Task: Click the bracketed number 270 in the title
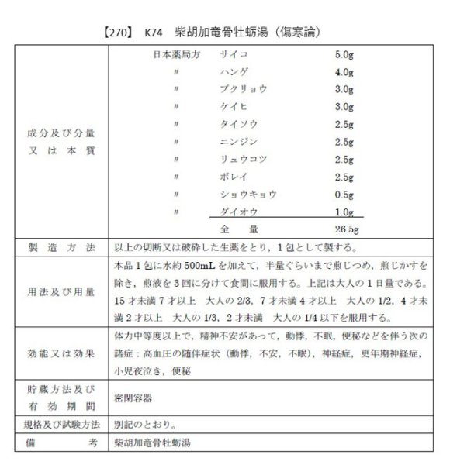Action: click(x=116, y=34)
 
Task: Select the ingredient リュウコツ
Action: click(x=243, y=160)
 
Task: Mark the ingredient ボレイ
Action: click(x=234, y=177)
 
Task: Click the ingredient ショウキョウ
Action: click(x=247, y=194)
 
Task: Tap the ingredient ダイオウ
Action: click(x=238, y=212)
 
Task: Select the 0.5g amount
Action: click(x=344, y=194)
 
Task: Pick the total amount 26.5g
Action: click(x=346, y=229)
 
